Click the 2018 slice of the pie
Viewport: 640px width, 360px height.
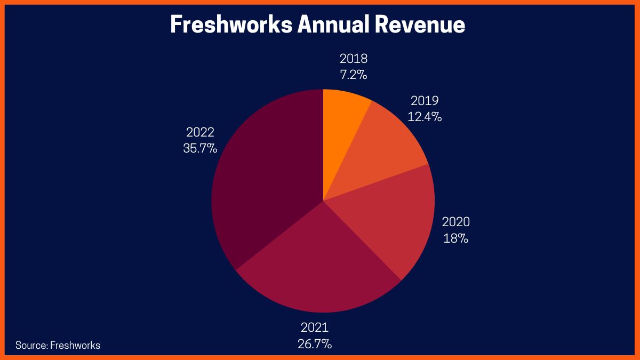tap(341, 128)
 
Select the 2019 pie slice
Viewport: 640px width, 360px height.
tap(384, 149)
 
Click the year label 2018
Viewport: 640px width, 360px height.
tap(354, 59)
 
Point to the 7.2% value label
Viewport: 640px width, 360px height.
tap(354, 75)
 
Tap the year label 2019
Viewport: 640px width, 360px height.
tap(425, 101)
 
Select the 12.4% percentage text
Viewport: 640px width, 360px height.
tap(425, 117)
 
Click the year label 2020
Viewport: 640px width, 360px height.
tap(456, 222)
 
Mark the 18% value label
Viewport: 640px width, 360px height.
tap(456, 238)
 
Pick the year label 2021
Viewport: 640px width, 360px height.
tap(315, 327)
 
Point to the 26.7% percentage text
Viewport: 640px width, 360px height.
tap(315, 343)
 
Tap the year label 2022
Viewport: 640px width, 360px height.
tap(200, 132)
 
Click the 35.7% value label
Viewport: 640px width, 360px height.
tap(200, 148)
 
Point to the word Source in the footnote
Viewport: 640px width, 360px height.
tap(31, 345)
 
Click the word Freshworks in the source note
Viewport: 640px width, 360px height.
tap(75, 345)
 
